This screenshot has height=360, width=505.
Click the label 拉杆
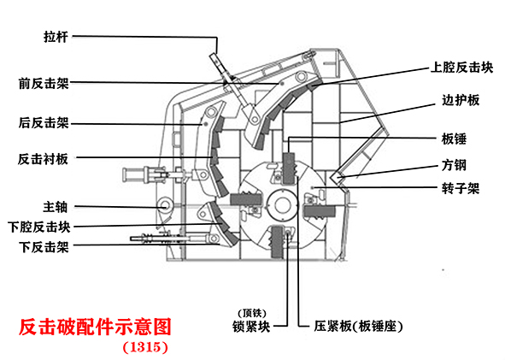point(56,37)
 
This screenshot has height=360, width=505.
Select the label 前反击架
point(44,84)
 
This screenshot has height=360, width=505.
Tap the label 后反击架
point(44,123)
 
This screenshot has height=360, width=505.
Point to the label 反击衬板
point(43,159)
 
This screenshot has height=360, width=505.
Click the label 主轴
point(55,207)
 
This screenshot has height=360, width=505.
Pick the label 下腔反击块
point(39,227)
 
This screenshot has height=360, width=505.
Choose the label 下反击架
point(44,247)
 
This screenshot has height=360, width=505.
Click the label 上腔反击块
point(461,68)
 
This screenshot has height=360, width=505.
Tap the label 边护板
point(461,100)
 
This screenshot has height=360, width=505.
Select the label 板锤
point(454,139)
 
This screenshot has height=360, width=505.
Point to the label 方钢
point(454,165)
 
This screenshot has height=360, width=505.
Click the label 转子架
point(461,188)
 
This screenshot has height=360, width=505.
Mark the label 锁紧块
point(251,327)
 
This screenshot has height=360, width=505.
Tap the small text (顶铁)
point(252,313)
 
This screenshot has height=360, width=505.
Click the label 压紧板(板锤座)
point(358,327)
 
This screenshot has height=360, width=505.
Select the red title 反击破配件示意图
point(95,328)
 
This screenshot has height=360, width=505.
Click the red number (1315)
point(145,347)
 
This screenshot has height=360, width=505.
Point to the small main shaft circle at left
point(165,205)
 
